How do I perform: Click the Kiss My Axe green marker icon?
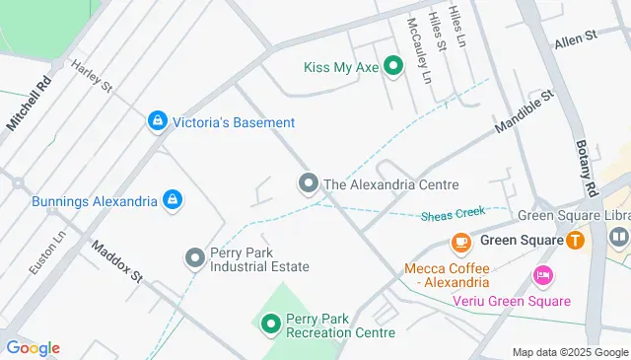coord(393,67)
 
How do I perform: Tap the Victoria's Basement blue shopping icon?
coord(157,122)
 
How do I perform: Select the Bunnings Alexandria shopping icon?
coord(173,201)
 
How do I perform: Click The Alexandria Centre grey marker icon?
coord(309,183)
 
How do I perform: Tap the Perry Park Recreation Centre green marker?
coord(270,324)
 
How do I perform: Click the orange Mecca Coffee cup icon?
coord(460,242)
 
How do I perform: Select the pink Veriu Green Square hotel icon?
coord(541,275)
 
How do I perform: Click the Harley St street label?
coord(92,76)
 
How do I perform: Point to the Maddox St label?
coord(117,259)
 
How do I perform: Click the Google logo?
coord(33,348)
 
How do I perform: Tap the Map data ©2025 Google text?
coord(569,352)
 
